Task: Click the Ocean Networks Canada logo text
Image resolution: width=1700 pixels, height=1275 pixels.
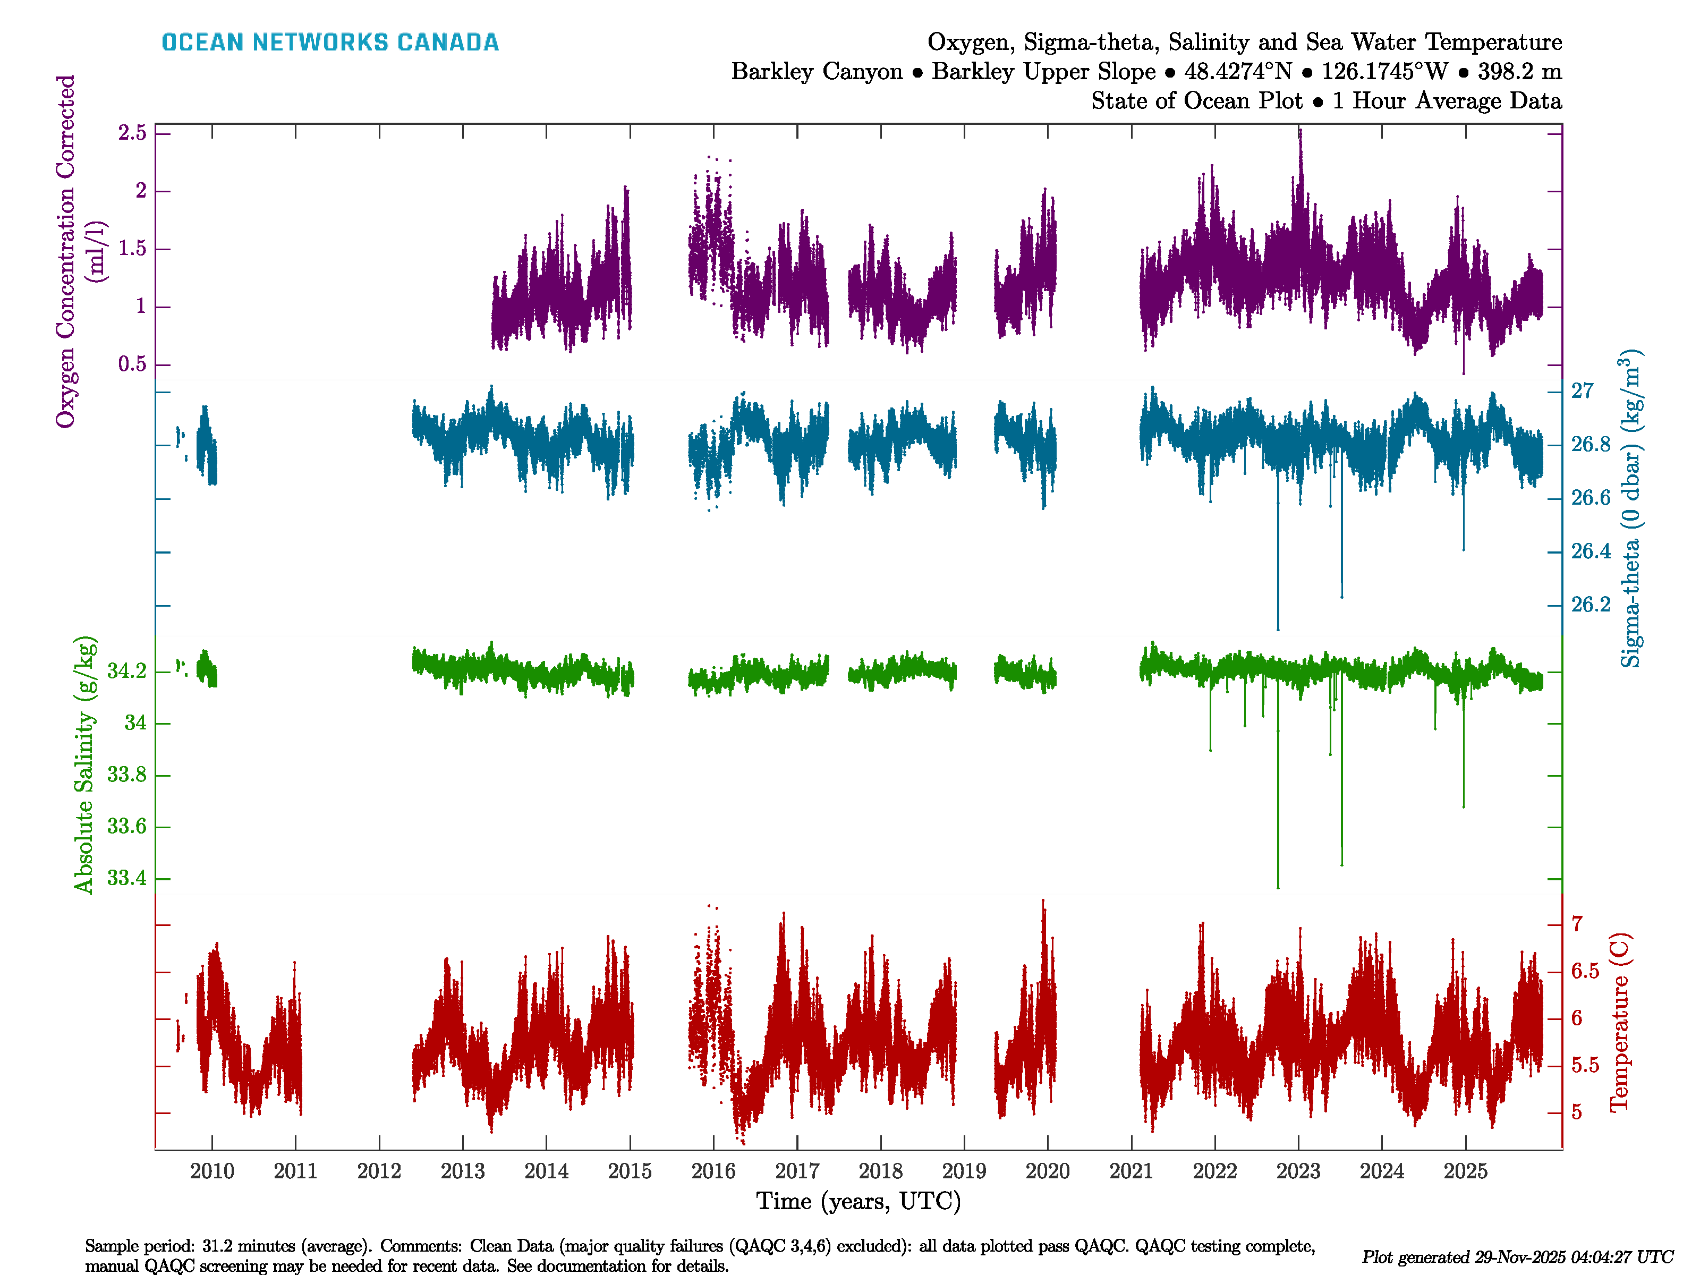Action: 330,42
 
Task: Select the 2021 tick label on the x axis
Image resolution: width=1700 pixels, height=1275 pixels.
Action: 1131,1171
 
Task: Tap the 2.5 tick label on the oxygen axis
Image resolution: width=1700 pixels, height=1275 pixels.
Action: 132,133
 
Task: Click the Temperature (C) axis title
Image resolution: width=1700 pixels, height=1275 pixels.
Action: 1619,1022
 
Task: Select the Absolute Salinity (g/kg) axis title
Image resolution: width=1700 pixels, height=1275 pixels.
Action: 84,764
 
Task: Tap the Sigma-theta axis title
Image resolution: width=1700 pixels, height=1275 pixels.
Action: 1629,509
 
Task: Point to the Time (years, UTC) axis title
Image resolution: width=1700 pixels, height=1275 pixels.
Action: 858,1201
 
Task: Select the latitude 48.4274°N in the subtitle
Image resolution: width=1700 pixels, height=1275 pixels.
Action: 1237,72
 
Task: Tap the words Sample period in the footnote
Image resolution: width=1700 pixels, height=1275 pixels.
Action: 138,1246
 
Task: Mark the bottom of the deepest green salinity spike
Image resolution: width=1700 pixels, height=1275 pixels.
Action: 1278,888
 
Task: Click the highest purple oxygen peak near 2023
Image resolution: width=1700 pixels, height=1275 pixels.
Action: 1299,132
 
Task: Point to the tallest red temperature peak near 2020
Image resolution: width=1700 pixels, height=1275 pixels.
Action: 1043,900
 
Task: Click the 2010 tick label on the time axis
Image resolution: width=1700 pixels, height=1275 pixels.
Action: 212,1171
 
